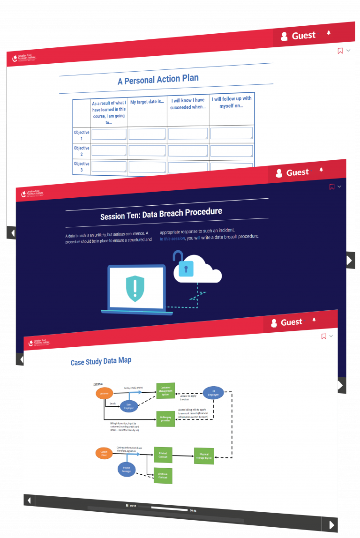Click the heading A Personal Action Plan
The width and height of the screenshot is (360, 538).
click(x=158, y=80)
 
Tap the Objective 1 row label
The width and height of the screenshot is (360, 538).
click(x=82, y=135)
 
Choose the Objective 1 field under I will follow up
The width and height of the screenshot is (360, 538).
click(x=232, y=133)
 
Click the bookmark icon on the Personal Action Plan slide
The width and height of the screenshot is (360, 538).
click(x=340, y=51)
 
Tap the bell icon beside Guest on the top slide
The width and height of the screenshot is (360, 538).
click(x=329, y=33)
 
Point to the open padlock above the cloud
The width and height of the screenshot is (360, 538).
click(x=178, y=257)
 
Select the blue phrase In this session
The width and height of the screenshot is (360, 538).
click(x=172, y=239)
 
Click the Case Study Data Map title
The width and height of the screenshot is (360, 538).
click(x=101, y=361)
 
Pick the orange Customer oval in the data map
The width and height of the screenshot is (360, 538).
click(x=104, y=394)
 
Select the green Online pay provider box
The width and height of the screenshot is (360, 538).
click(x=165, y=418)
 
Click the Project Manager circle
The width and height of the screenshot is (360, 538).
click(x=127, y=469)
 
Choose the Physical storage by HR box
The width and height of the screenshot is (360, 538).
click(x=204, y=456)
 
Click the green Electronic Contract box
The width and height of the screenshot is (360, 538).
click(x=163, y=476)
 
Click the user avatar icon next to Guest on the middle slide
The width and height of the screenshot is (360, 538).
click(x=279, y=173)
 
